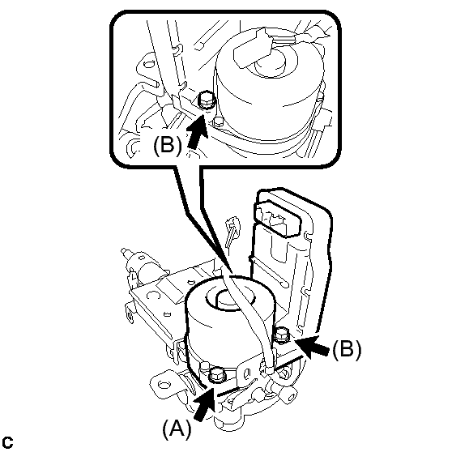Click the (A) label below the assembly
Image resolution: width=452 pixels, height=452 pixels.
[x=177, y=429]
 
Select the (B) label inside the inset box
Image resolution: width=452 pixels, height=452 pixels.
[x=168, y=145]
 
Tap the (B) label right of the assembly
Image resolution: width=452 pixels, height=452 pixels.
[x=347, y=350]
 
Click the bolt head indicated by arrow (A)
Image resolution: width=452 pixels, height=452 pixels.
[x=217, y=375]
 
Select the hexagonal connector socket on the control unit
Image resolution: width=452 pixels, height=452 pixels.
[x=277, y=219]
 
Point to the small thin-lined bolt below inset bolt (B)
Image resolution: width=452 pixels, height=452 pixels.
[x=219, y=122]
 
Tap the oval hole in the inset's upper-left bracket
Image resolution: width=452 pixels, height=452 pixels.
[x=149, y=63]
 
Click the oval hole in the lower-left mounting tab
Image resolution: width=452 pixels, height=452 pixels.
[x=164, y=385]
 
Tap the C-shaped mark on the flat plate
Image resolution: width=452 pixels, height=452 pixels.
[x=153, y=295]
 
